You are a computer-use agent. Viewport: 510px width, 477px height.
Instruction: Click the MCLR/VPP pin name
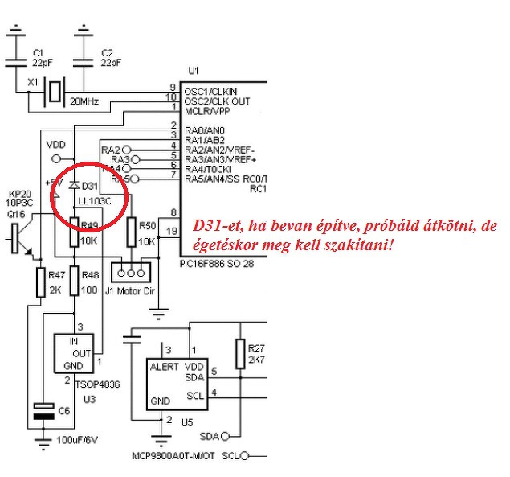(x=206, y=112)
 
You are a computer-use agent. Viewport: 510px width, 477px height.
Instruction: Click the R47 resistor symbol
(x=41, y=282)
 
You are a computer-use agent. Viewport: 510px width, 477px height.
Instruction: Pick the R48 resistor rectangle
(x=74, y=282)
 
